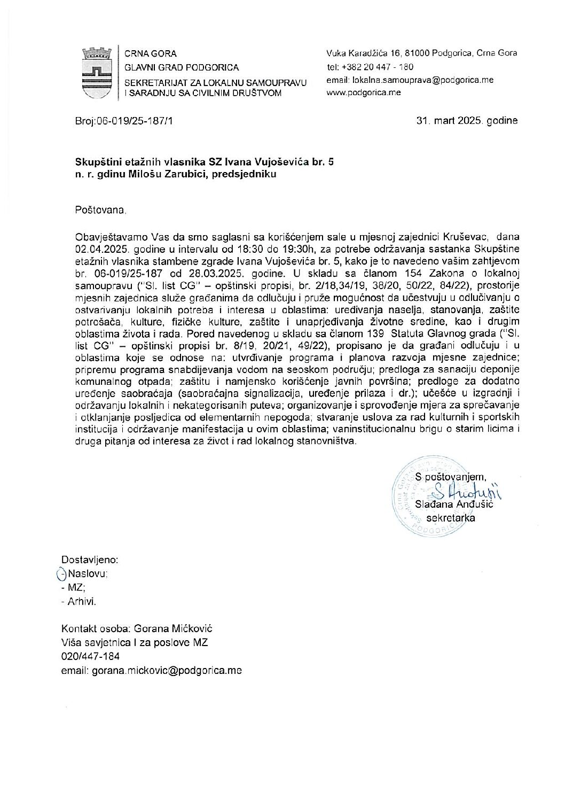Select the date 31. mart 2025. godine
pyautogui.click(x=467, y=121)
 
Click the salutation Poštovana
pyautogui.click(x=101, y=211)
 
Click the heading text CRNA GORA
pyautogui.click(x=150, y=54)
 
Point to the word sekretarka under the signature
pyautogui.click(x=454, y=517)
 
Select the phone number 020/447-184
pyautogui.click(x=91, y=656)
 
